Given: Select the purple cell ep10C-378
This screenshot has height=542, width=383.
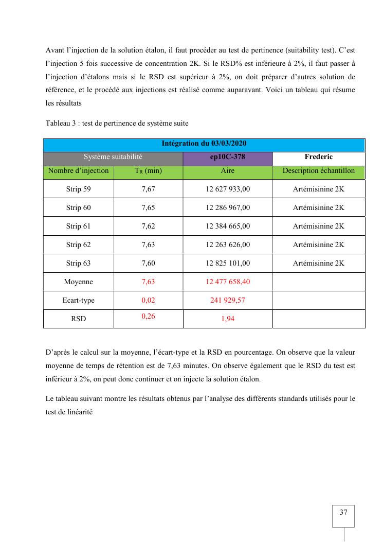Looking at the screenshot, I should tap(228, 157).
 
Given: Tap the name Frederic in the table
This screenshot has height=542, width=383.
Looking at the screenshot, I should tap(319, 157).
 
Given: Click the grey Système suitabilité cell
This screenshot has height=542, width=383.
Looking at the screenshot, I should tap(113, 157).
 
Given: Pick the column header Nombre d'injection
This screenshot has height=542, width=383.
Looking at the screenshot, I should tap(78, 171).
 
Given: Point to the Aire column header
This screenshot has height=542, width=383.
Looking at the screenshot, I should tap(228, 171).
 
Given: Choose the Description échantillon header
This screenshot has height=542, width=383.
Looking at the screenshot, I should tap(319, 171).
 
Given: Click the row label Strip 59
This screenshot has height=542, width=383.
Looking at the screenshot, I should tap(78, 189).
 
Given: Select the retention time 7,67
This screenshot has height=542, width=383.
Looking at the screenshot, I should tap(148, 189).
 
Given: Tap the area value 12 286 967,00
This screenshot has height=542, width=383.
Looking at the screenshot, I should tap(228, 207).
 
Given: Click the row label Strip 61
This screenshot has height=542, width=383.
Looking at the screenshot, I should tap(78, 226).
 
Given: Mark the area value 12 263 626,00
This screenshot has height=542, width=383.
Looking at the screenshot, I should tap(228, 244).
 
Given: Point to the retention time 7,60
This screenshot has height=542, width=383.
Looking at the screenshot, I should tap(148, 263).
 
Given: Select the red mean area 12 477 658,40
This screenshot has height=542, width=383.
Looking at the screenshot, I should tap(228, 282).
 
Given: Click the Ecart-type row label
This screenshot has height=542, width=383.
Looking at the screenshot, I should tap(78, 300).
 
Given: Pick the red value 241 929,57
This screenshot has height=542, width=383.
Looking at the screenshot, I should tap(228, 300).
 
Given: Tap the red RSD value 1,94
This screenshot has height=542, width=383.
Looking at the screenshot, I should tap(228, 319).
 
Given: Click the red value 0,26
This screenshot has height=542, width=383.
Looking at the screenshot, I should tap(148, 316).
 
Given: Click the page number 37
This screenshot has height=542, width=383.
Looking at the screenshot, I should tap(343, 512).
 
